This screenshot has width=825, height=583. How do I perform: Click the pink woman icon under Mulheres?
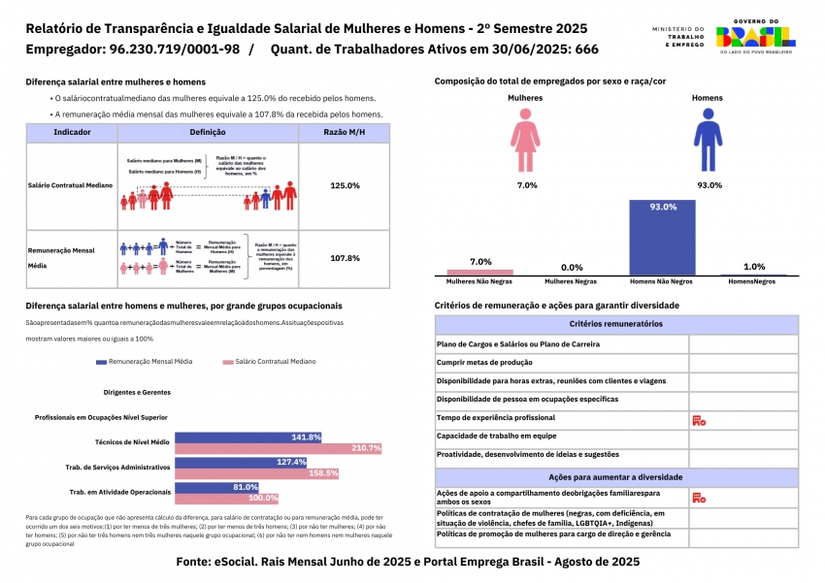click(526, 141)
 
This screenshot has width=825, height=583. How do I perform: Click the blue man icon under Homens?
click(707, 141)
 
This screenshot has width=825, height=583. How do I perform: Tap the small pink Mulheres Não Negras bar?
click(479, 272)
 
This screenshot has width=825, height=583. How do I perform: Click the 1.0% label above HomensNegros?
click(753, 267)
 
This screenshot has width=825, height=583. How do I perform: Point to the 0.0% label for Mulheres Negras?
click(572, 268)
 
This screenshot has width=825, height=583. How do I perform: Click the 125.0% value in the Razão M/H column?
click(345, 185)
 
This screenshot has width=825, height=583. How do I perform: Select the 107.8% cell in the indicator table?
click(345, 259)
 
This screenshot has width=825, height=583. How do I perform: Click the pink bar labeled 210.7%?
click(278, 448)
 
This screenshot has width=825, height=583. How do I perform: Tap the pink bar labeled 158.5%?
click(256, 473)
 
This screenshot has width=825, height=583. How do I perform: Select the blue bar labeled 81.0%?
click(216, 487)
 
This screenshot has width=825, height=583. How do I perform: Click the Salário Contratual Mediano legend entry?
click(269, 361)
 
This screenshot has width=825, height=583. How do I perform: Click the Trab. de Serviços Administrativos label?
click(121, 467)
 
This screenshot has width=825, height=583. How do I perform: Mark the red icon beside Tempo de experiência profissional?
click(698, 420)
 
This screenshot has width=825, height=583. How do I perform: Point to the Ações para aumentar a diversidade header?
click(616, 477)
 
